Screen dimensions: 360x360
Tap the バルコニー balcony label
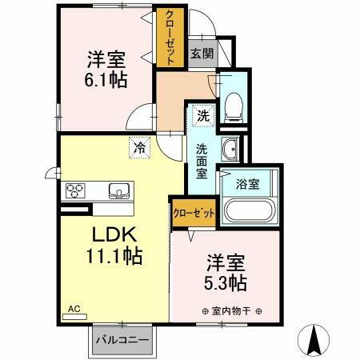[x=122, y=340]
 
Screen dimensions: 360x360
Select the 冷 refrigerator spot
[x=139, y=146]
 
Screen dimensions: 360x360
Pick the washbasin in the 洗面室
[x=230, y=148]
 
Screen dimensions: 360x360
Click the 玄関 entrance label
[x=200, y=54]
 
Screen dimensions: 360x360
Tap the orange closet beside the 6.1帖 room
[x=168, y=38]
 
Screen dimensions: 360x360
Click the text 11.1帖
[x=115, y=257]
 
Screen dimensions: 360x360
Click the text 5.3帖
[x=226, y=282]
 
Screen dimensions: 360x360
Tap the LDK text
[x=114, y=237]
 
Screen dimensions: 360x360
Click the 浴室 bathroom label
[x=246, y=184]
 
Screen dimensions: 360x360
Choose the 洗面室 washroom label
[x=203, y=159]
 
